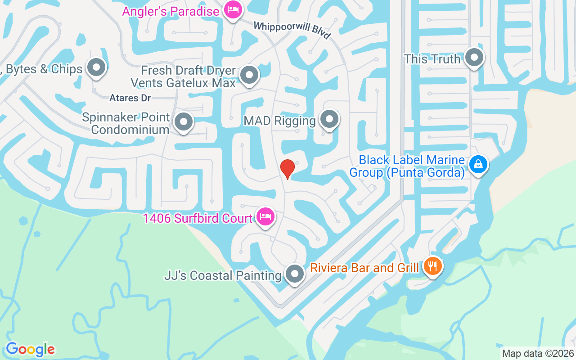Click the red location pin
tap(287, 168)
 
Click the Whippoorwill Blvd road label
tap(292, 30)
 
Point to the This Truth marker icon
tap(474, 57)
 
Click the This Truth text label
tap(432, 59)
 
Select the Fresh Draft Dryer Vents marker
tap(249, 75)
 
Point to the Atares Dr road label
tap(130, 98)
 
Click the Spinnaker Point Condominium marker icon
tap(183, 121)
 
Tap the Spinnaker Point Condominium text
tap(126, 124)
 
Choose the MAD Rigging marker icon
tap(329, 119)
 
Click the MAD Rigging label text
tap(279, 121)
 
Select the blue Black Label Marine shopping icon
tap(478, 164)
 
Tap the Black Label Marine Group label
tap(407, 166)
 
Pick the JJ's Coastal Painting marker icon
tap(295, 273)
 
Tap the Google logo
tap(30, 349)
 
